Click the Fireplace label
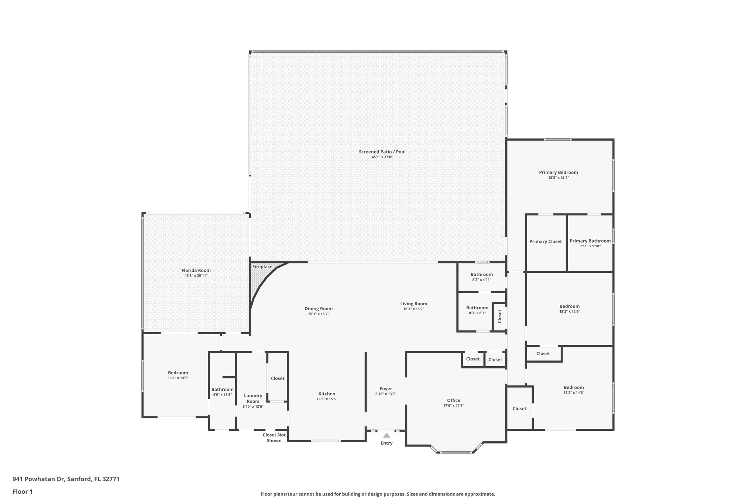pos(262,267)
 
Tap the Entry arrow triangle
pos(386,435)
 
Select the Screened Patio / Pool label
pos(382,152)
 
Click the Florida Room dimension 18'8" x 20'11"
pos(196,276)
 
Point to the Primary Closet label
pos(546,241)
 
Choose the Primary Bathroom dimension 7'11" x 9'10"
pos(590,246)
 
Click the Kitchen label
pos(327,394)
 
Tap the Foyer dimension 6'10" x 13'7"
pos(386,394)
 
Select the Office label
pos(453,400)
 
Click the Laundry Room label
pos(253,398)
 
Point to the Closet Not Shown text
pos(274,438)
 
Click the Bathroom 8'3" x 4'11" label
pos(481,274)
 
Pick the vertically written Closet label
pos(500,316)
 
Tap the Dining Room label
pos(318,309)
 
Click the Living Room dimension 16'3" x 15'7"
pos(413,309)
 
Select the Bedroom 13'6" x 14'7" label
pos(178,373)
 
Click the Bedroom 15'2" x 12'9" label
pos(569,306)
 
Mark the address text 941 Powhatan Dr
pos(38,479)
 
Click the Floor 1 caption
pos(23,491)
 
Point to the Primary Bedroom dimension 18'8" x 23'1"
pos(558,178)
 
